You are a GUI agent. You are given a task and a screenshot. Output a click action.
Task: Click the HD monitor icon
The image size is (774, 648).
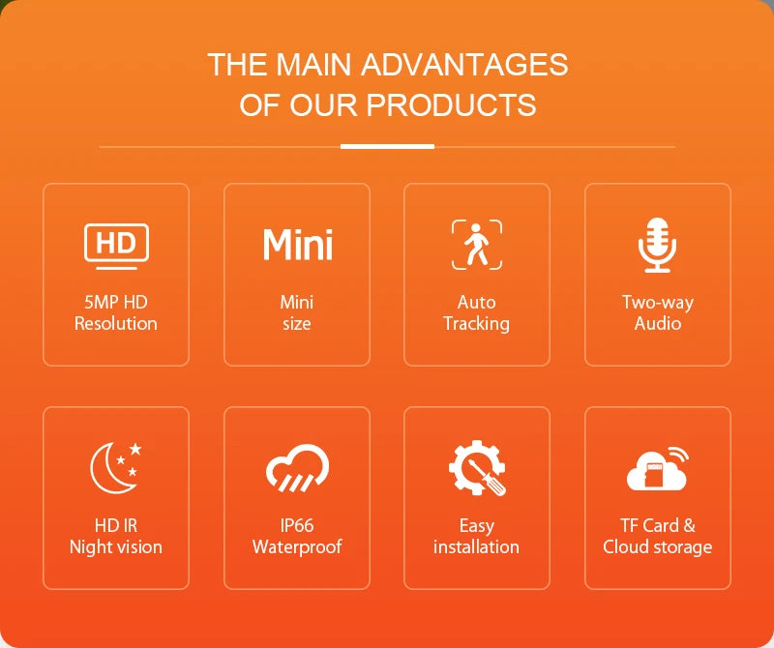click(x=116, y=245)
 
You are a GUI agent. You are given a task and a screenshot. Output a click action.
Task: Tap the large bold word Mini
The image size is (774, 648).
click(x=297, y=245)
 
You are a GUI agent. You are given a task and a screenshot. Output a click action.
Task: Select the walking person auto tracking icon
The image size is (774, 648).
click(x=477, y=244)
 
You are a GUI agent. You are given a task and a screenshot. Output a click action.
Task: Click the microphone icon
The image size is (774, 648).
click(x=658, y=245)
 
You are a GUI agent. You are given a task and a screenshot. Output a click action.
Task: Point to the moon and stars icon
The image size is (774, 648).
click(x=116, y=466)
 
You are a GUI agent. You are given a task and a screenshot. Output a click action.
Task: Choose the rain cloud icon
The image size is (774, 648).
click(x=297, y=467)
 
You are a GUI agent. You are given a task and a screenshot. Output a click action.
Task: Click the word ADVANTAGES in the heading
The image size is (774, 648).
click(x=463, y=65)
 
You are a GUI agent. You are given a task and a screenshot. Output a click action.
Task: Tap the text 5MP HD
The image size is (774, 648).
click(x=116, y=303)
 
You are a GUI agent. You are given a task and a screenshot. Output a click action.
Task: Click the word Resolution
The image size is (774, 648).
click(x=116, y=324)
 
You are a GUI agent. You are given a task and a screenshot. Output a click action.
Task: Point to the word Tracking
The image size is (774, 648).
click(x=477, y=324)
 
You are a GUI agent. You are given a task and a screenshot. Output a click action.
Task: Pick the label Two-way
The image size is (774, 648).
click(x=658, y=303)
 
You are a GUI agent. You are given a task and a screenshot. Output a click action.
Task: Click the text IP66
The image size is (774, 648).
click(x=297, y=526)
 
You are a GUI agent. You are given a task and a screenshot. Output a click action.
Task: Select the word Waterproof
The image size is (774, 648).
click(x=297, y=547)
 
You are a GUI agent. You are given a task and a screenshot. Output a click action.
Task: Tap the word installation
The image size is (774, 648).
click(x=477, y=547)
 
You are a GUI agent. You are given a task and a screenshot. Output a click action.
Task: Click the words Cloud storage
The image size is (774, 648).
click(x=658, y=547)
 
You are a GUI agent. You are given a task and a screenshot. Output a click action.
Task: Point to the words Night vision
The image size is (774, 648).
click(x=116, y=547)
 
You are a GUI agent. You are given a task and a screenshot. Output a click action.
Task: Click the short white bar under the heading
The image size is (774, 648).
click(x=387, y=147)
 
